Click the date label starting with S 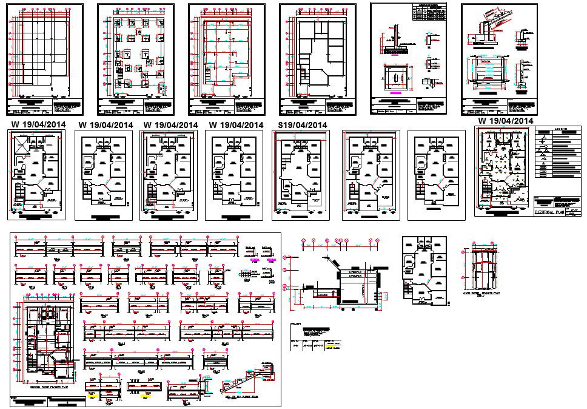tap(302, 125)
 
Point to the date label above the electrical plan tap(506, 121)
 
